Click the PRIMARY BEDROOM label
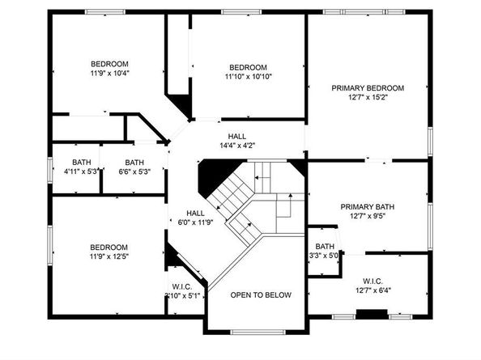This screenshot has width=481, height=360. [367, 87]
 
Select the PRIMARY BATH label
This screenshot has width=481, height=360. [367, 207]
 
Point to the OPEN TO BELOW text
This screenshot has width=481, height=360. [261, 294]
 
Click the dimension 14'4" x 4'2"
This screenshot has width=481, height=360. [237, 146]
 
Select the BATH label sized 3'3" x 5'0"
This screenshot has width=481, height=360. [325, 247]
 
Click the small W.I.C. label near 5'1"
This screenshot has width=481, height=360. [182, 286]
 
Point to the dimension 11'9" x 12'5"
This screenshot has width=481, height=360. [109, 257]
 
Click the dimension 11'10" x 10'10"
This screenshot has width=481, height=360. [248, 77]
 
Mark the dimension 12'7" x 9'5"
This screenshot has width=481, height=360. [367, 217]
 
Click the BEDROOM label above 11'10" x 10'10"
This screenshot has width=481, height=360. [248, 67]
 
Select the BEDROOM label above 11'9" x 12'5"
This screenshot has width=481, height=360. [109, 248]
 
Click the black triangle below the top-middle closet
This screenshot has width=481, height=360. [181, 106]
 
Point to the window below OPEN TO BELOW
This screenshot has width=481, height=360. [257, 331]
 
